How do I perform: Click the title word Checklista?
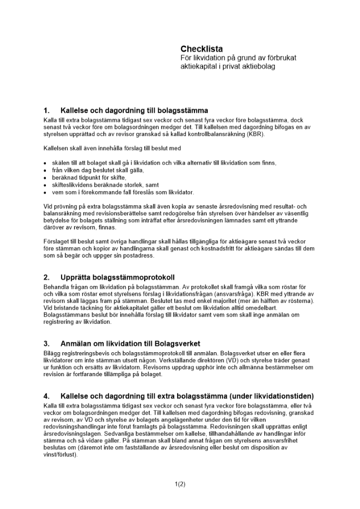point(202,49)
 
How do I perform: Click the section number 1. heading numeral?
point(47,110)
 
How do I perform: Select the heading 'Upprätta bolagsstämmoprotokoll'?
point(117,277)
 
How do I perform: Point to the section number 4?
point(47,396)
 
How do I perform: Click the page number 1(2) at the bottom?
point(180,484)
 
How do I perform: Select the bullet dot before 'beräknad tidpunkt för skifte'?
point(45,178)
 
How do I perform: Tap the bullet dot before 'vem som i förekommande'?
point(45,193)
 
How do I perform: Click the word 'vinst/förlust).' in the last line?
point(61,455)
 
